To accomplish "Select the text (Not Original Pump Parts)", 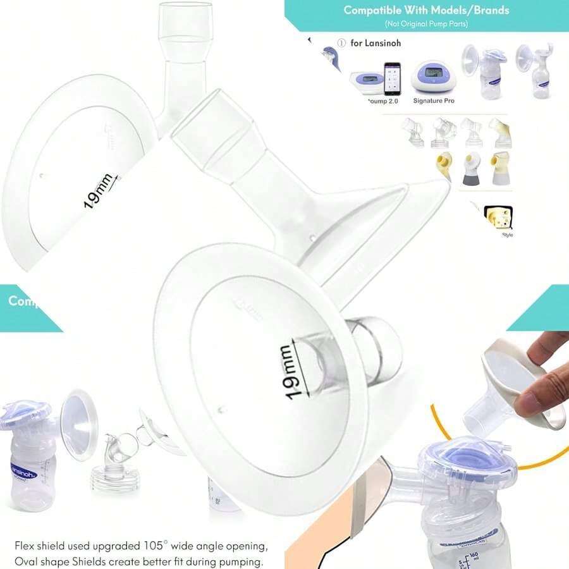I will tap(427, 23).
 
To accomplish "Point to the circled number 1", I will tap(341, 44).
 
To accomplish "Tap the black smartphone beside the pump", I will tap(393, 78).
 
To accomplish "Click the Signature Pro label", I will tap(434, 101).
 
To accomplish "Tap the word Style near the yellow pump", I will tap(508, 235).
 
